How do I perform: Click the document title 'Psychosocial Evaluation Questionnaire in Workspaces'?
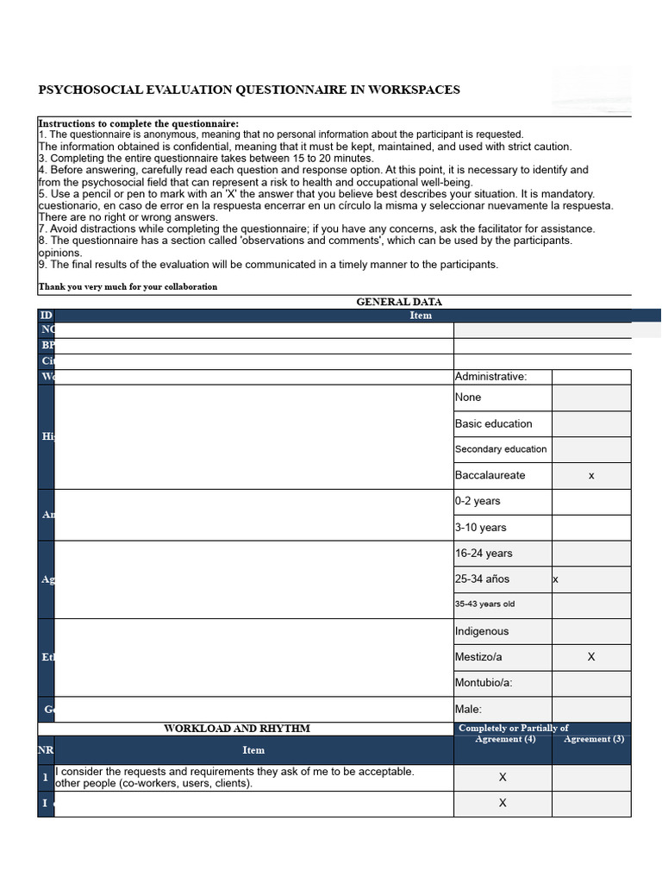[249, 90]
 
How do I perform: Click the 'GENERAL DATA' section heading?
[399, 302]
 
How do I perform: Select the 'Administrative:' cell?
[490, 376]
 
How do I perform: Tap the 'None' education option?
[469, 398]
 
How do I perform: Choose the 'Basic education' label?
[494, 423]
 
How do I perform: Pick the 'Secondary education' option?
[501, 449]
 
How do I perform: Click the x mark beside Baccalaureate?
[590, 476]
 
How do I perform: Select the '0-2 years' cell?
[478, 501]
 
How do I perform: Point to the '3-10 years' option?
[481, 528]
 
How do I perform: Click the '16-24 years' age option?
[484, 554]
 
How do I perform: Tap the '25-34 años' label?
[483, 579]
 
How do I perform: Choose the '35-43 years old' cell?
[484, 604]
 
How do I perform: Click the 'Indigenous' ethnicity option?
[482, 631]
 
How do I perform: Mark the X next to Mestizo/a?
[591, 657]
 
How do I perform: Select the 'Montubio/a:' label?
[484, 683]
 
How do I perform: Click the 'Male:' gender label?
[469, 710]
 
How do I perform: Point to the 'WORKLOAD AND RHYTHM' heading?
[237, 729]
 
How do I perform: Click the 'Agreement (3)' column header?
[594, 739]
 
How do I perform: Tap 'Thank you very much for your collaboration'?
[128, 286]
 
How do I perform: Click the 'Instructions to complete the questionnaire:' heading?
[139, 124]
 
